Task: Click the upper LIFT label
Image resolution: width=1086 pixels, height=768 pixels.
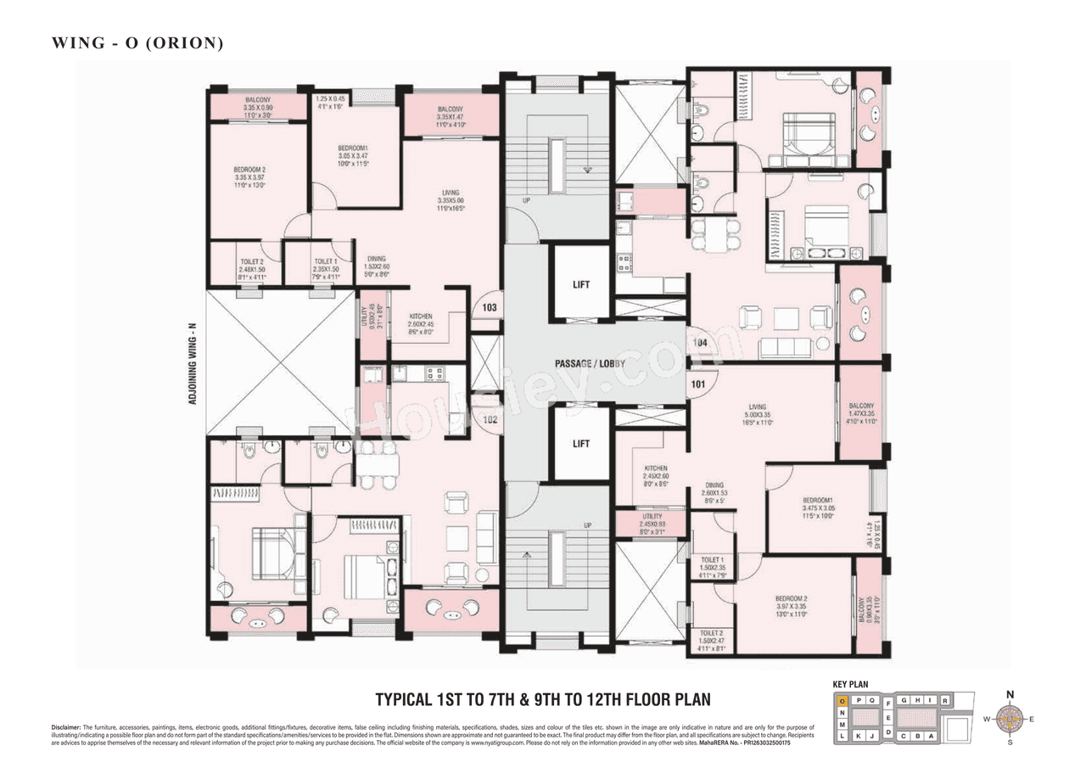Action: coord(581,285)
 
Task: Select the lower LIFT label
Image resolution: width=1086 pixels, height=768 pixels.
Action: coord(581,444)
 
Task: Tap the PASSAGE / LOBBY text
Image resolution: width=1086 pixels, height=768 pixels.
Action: coord(591,364)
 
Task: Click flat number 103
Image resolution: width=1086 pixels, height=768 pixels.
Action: coord(490,308)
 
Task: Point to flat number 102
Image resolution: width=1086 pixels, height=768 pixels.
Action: coord(490,418)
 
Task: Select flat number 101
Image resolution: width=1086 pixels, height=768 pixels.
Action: coord(697,384)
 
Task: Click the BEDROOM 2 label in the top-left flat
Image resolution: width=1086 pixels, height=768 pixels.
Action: coord(250,174)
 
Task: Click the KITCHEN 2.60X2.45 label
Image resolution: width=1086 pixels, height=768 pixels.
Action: coord(420,321)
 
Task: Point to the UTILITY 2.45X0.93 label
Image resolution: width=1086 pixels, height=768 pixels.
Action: coord(652,522)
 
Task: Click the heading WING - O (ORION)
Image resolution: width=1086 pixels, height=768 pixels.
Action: coord(137,42)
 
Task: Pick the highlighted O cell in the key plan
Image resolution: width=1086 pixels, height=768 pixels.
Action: coord(842,701)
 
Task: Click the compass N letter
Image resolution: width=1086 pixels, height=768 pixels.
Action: coord(1010,694)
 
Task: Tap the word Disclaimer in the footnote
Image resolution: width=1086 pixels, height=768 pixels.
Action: coord(65,728)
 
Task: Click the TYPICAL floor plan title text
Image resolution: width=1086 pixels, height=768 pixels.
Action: coord(543,700)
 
